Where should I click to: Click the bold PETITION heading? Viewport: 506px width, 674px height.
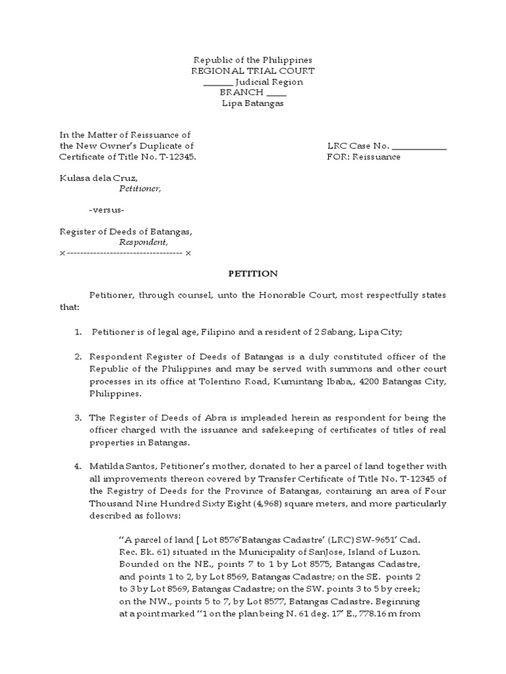coord(253,274)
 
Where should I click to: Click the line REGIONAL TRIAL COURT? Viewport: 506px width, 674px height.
coord(253,71)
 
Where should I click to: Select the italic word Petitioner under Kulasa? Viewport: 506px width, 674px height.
coord(140,189)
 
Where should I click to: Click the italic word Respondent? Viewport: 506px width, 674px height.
coord(139,242)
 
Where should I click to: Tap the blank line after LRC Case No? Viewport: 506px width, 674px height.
coord(420,147)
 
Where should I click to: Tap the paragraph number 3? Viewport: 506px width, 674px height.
coord(78,418)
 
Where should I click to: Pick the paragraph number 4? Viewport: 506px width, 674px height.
coord(78,466)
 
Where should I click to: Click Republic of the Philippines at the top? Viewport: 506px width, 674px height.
coord(253,60)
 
